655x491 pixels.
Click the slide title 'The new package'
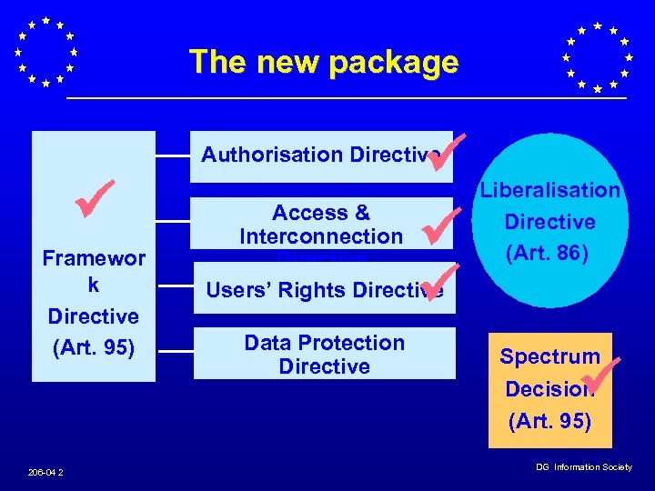click(323, 62)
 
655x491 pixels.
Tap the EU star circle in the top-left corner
click(45, 51)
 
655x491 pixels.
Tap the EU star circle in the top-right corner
click(597, 56)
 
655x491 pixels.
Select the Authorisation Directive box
click(318, 155)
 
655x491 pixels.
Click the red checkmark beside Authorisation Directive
click(447, 150)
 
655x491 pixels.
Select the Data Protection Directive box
click(324, 354)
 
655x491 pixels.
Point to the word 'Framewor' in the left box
click(94, 258)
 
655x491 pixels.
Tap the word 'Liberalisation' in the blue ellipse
click(549, 190)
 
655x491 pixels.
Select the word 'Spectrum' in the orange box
click(549, 356)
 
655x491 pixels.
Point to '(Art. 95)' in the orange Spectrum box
click(549, 421)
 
